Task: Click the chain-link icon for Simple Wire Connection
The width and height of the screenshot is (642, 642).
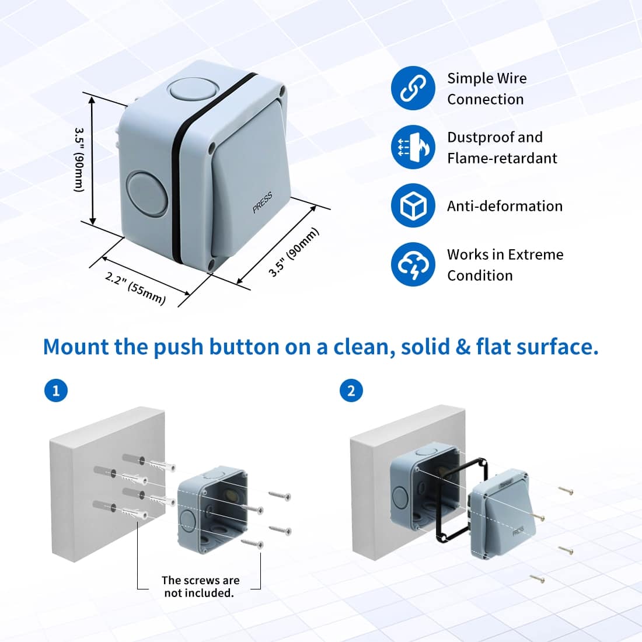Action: click(413, 88)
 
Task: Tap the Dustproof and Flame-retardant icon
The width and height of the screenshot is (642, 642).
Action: click(413, 147)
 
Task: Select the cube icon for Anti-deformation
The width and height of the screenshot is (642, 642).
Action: click(413, 205)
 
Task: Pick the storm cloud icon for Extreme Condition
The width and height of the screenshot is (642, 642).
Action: click(413, 264)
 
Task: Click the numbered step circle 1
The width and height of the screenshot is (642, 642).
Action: click(56, 390)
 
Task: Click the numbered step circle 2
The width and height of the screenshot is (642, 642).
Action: click(351, 390)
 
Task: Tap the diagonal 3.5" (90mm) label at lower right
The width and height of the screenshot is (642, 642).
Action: click(294, 252)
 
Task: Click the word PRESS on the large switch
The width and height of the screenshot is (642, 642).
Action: click(262, 203)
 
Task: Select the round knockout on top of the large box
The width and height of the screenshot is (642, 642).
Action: click(192, 91)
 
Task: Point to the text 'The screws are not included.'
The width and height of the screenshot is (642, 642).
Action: click(200, 587)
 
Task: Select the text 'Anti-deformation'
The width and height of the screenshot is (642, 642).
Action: click(504, 206)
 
